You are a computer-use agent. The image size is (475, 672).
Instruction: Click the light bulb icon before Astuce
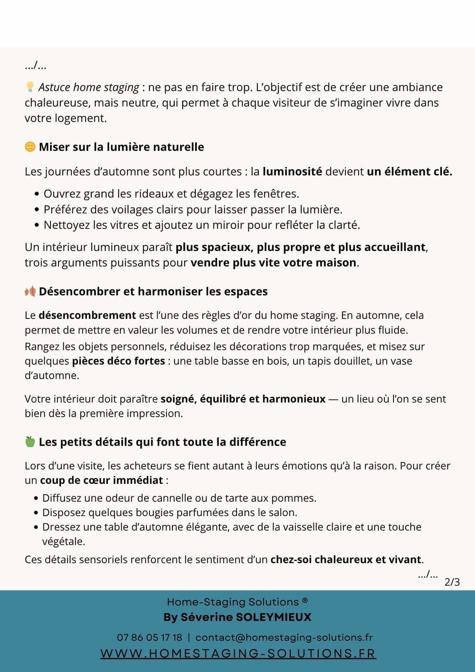30,86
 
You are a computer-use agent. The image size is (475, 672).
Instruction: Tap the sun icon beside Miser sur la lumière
30,146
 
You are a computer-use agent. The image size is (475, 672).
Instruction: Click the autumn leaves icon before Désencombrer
30,291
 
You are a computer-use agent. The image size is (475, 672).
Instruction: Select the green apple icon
30,442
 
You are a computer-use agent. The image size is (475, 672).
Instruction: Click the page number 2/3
452,582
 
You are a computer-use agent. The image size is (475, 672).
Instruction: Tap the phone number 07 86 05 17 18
150,638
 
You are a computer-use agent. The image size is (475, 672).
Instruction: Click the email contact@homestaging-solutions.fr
284,638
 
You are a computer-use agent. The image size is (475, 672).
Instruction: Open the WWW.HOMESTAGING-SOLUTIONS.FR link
238,654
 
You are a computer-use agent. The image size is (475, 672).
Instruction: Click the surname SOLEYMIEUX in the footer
273,617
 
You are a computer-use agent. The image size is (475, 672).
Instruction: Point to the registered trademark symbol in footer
305,601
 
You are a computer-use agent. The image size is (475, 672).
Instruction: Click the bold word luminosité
292,172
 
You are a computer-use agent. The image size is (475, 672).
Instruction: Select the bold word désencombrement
87,315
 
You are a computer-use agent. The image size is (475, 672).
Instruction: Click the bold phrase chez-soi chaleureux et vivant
346,560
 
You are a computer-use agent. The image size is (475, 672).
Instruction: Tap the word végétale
64,542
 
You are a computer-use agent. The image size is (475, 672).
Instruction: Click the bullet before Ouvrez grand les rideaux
37,194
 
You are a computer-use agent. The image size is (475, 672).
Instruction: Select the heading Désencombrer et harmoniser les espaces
153,291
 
